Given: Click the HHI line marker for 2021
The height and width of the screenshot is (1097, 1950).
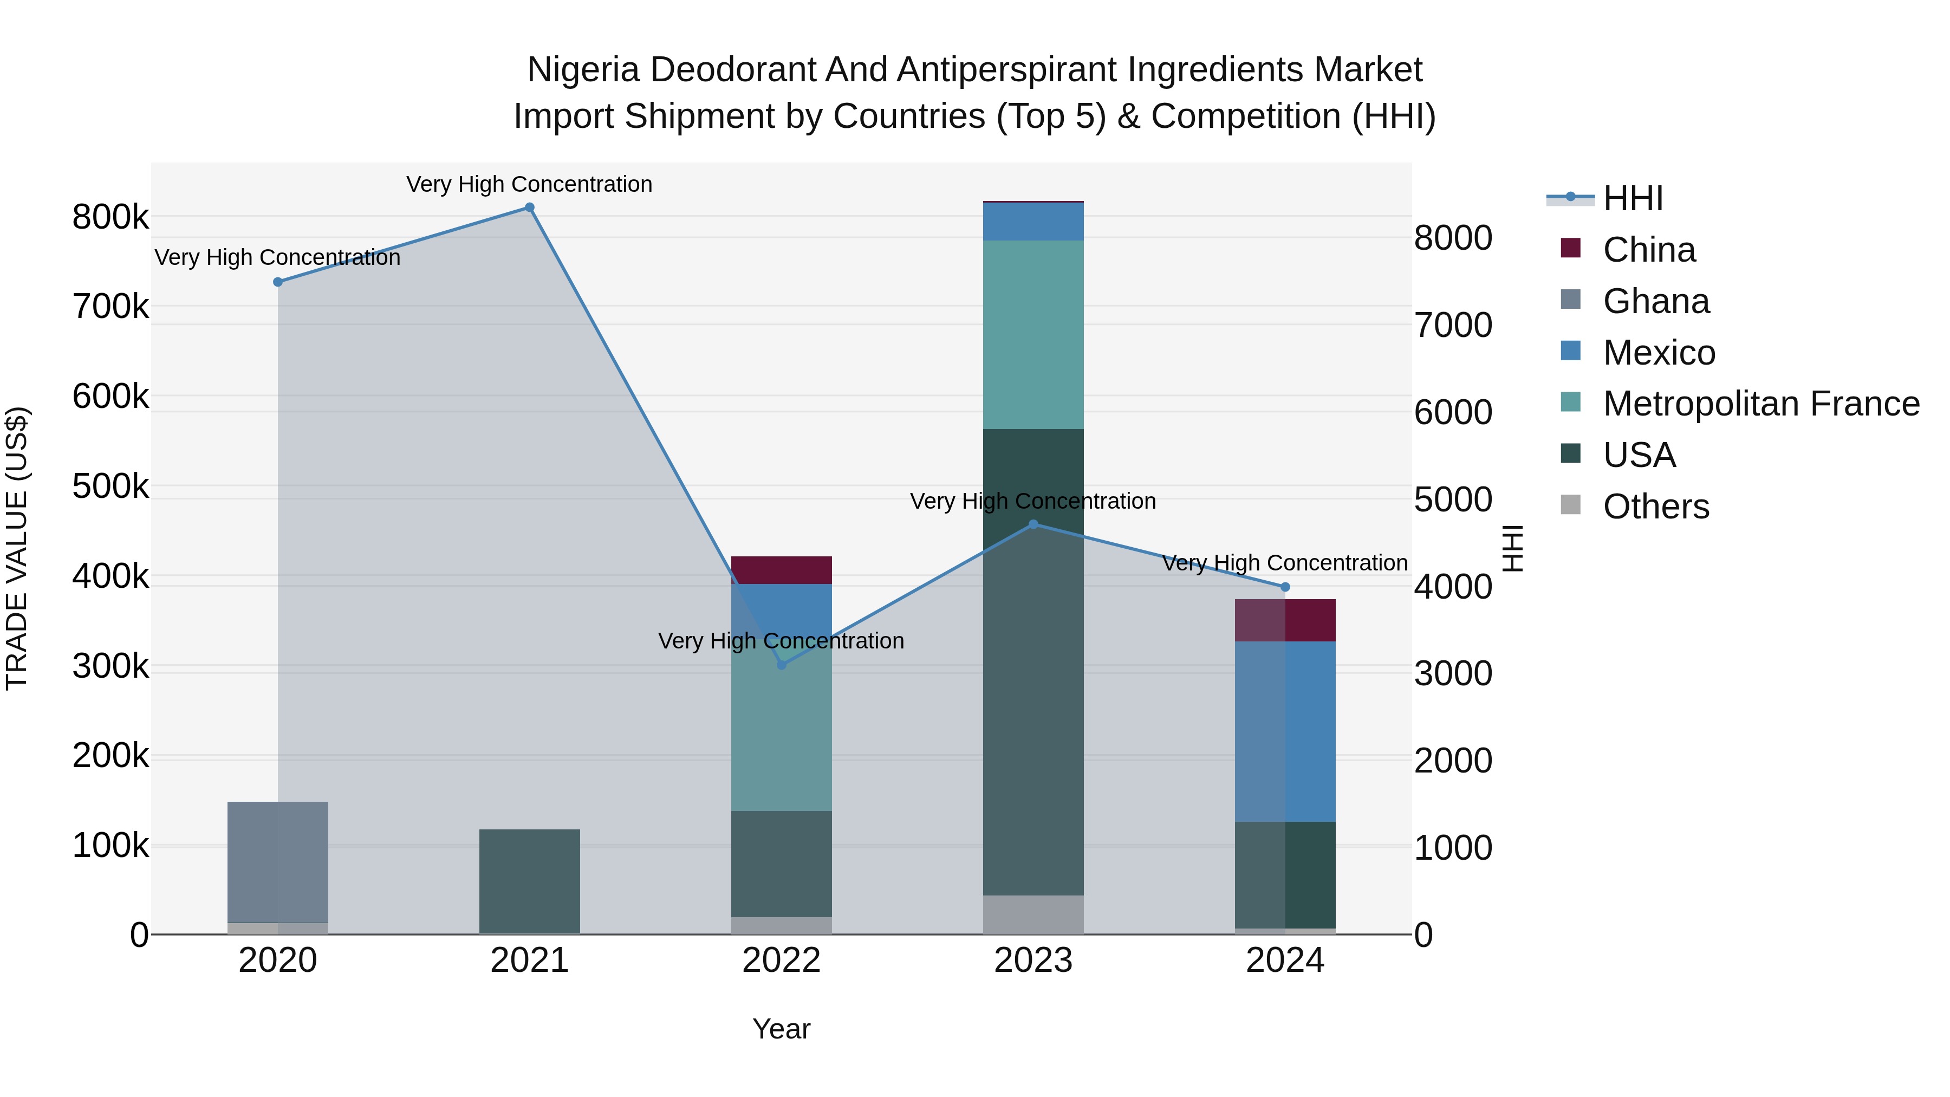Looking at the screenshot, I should [x=529, y=207].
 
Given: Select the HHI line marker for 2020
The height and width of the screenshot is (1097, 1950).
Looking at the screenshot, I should [x=278, y=282].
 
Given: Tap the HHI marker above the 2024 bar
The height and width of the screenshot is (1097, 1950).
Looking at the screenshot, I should [x=1285, y=587].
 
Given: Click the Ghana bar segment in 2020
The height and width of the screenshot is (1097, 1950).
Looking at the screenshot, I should [x=278, y=861].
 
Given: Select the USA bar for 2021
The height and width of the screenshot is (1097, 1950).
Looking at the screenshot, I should [x=529, y=881].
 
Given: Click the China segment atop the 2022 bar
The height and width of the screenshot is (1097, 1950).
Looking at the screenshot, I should [x=781, y=569].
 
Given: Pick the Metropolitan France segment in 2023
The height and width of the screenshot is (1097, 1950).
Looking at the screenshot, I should [x=1033, y=335].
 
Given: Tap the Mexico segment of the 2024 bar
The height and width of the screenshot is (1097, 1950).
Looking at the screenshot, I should [x=1285, y=731].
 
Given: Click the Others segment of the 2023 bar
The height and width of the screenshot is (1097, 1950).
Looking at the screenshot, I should [x=1033, y=914].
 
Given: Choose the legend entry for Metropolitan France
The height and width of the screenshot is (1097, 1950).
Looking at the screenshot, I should [x=1761, y=404].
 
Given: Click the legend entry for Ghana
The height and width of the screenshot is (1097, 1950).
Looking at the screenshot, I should [x=1655, y=301].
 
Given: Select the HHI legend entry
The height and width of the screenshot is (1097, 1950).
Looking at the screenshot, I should [x=1633, y=198].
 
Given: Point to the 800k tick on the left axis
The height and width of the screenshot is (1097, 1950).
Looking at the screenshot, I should [x=110, y=217].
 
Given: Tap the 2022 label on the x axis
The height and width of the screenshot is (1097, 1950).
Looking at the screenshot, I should [x=781, y=960].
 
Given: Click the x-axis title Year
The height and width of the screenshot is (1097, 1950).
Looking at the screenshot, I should [x=781, y=1029].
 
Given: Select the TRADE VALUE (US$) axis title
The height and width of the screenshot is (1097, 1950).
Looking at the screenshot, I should [x=17, y=548].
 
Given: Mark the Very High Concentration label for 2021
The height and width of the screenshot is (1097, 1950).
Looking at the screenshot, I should [x=529, y=184].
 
